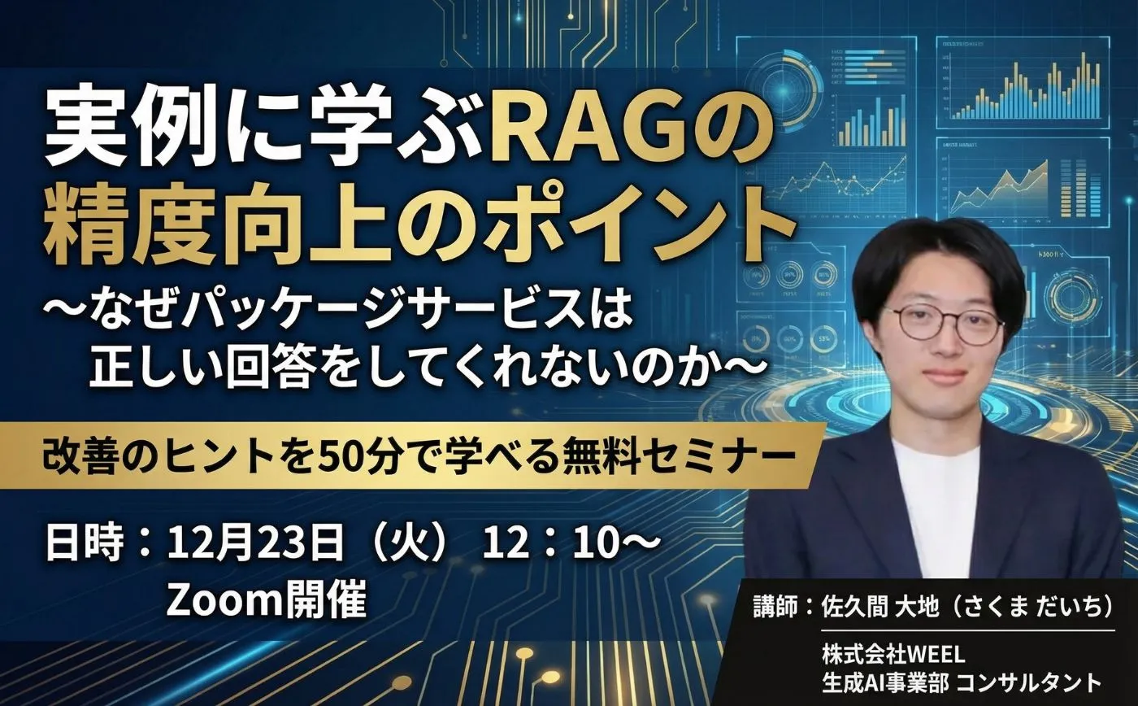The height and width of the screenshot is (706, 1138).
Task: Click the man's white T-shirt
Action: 935,504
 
